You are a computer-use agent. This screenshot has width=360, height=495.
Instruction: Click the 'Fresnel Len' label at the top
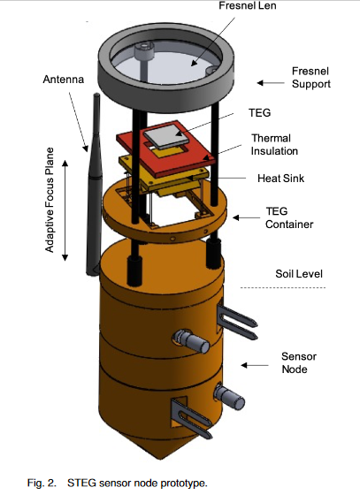tap(248, 5)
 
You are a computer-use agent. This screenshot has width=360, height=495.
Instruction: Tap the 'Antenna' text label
tap(64, 80)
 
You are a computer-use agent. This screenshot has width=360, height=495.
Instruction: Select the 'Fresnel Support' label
tap(310, 78)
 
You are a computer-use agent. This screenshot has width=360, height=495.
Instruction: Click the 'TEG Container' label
tap(289, 217)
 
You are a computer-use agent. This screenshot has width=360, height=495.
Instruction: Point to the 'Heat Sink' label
tap(280, 179)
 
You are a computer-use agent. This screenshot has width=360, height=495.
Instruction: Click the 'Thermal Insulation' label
tap(274, 145)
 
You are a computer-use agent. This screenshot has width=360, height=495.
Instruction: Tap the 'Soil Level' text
tap(299, 274)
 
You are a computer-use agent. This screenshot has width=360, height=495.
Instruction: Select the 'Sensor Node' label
tap(299, 362)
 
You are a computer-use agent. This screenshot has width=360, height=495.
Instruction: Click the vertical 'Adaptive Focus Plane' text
tap(50, 200)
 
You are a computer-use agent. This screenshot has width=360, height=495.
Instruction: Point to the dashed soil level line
tap(283, 287)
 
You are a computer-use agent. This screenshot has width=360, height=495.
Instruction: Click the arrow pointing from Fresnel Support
tap(271, 83)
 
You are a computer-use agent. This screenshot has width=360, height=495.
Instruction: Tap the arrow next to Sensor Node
tap(255, 365)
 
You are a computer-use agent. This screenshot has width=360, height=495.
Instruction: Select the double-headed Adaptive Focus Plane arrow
tap(65, 210)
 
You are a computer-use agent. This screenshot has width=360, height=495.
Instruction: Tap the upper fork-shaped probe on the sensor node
tap(237, 322)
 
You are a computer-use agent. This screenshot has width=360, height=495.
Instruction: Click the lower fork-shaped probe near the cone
tap(191, 418)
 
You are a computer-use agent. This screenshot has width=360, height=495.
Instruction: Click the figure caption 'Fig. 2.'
tap(42, 483)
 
